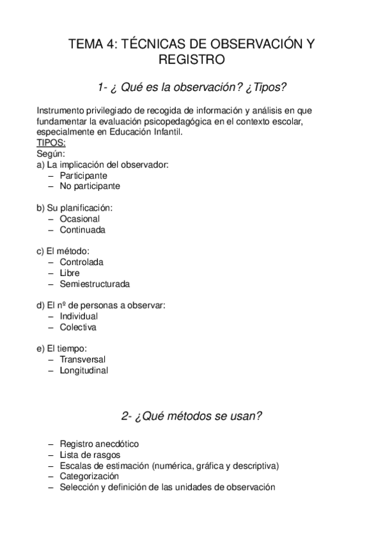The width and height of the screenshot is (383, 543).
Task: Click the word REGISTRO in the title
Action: [x=191, y=61]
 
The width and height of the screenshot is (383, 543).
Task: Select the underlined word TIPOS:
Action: [x=51, y=143]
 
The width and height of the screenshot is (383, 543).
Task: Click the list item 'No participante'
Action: [x=90, y=186]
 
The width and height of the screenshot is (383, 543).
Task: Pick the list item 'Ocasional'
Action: [x=80, y=218]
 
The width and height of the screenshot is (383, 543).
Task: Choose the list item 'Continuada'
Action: [x=82, y=229]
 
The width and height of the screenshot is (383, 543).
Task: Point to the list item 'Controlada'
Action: [x=82, y=262]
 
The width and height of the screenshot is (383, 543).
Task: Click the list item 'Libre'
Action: [x=69, y=273]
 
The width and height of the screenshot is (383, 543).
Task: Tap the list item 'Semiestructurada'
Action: [x=95, y=284]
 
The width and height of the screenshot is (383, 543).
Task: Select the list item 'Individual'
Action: [x=79, y=316]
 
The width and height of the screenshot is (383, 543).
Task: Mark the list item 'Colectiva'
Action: [x=78, y=327]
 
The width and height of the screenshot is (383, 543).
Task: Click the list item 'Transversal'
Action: [x=82, y=359]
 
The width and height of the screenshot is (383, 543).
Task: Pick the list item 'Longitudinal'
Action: [x=84, y=370]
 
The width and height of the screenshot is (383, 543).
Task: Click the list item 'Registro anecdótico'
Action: [x=99, y=444]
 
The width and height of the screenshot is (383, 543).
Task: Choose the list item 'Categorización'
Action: [x=90, y=476]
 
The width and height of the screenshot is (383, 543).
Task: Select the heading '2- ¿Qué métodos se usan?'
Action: [x=191, y=416]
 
